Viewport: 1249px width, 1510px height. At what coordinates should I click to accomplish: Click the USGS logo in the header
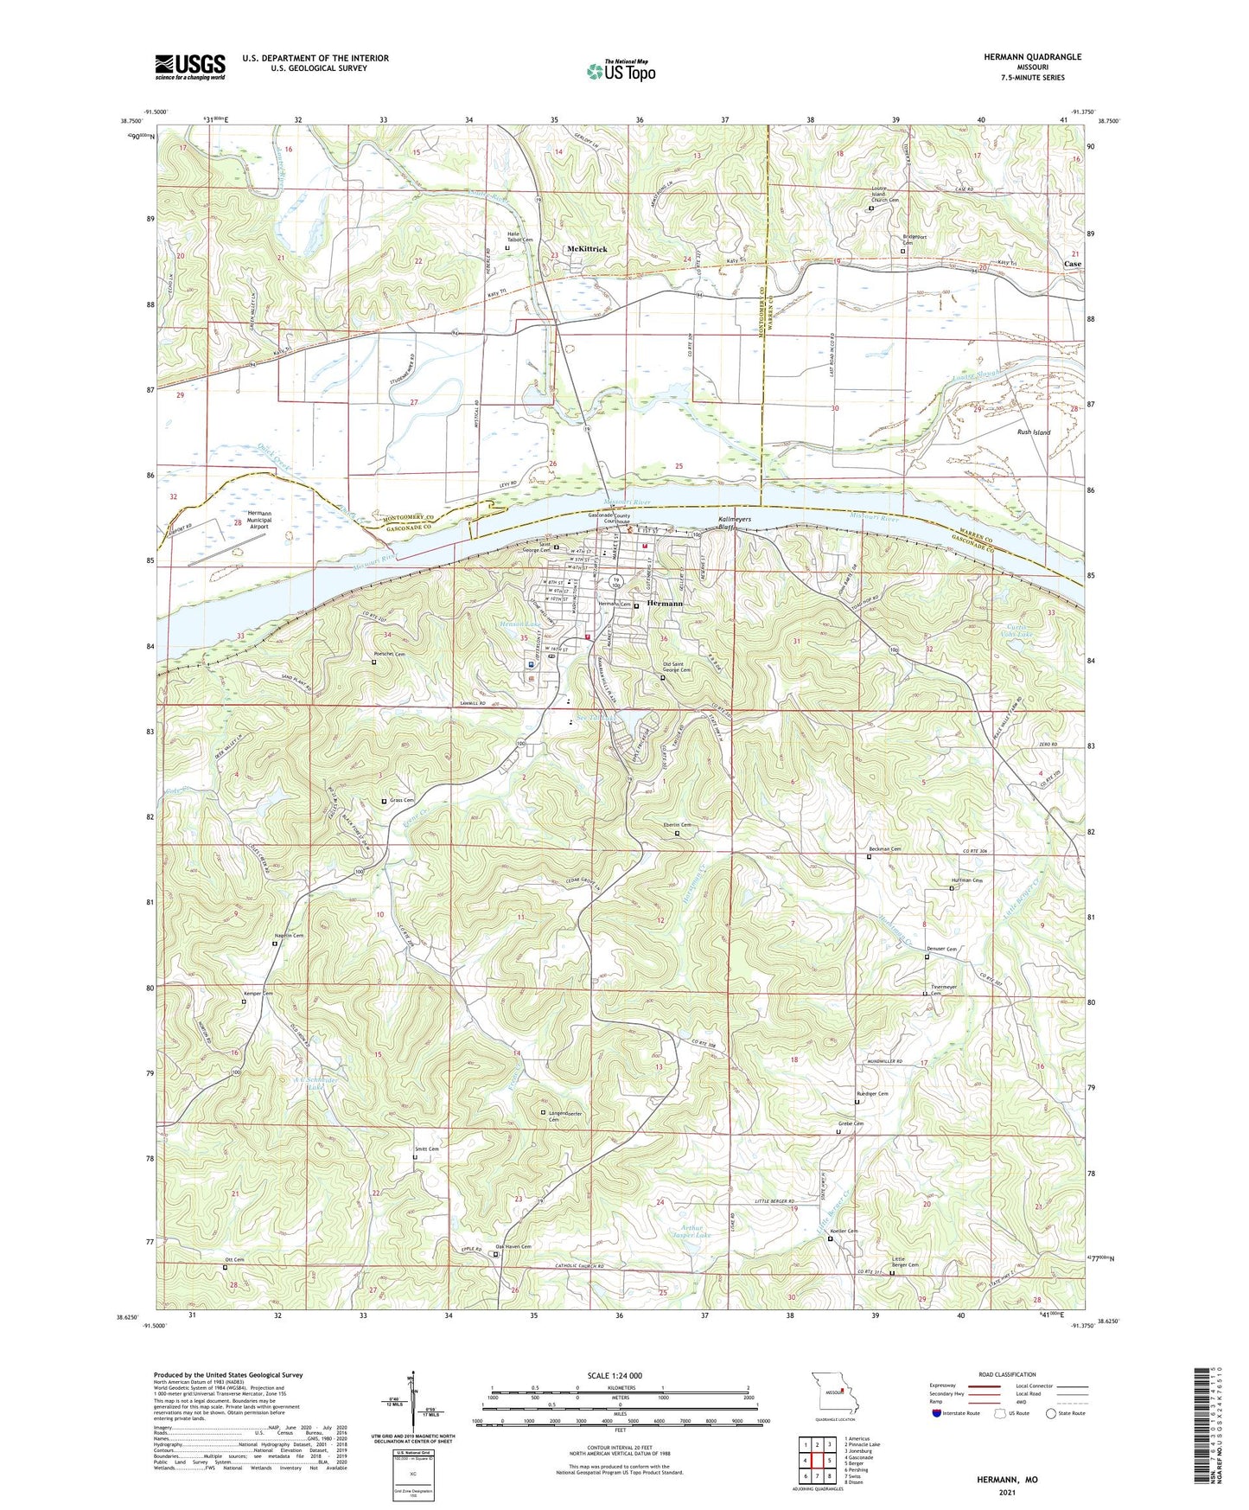point(190,67)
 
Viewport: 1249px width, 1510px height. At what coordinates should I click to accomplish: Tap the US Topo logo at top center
point(621,71)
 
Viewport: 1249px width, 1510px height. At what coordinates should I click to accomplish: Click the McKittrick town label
point(587,249)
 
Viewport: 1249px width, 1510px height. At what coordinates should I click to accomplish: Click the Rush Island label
point(1033,432)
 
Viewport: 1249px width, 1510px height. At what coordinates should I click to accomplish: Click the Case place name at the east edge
point(1072,264)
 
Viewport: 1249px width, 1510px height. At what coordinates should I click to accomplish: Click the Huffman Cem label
point(966,880)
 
